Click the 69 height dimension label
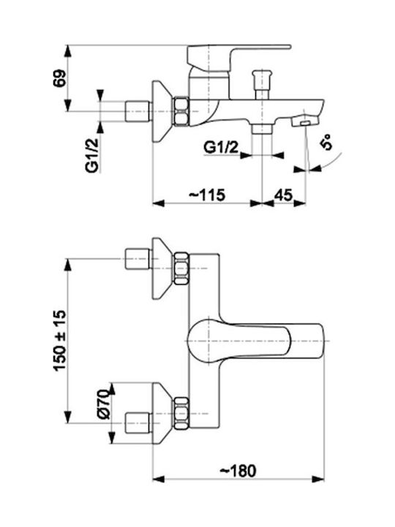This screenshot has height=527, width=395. pyautogui.click(x=59, y=78)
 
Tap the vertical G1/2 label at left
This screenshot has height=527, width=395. pyautogui.click(x=92, y=155)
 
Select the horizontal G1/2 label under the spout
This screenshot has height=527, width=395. pyautogui.click(x=222, y=148)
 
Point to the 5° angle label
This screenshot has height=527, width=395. pyautogui.click(x=327, y=141)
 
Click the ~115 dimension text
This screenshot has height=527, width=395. pyautogui.click(x=206, y=195)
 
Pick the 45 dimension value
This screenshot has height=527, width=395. pyautogui.click(x=284, y=195)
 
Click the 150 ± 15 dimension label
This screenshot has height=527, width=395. pyautogui.click(x=60, y=340)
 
